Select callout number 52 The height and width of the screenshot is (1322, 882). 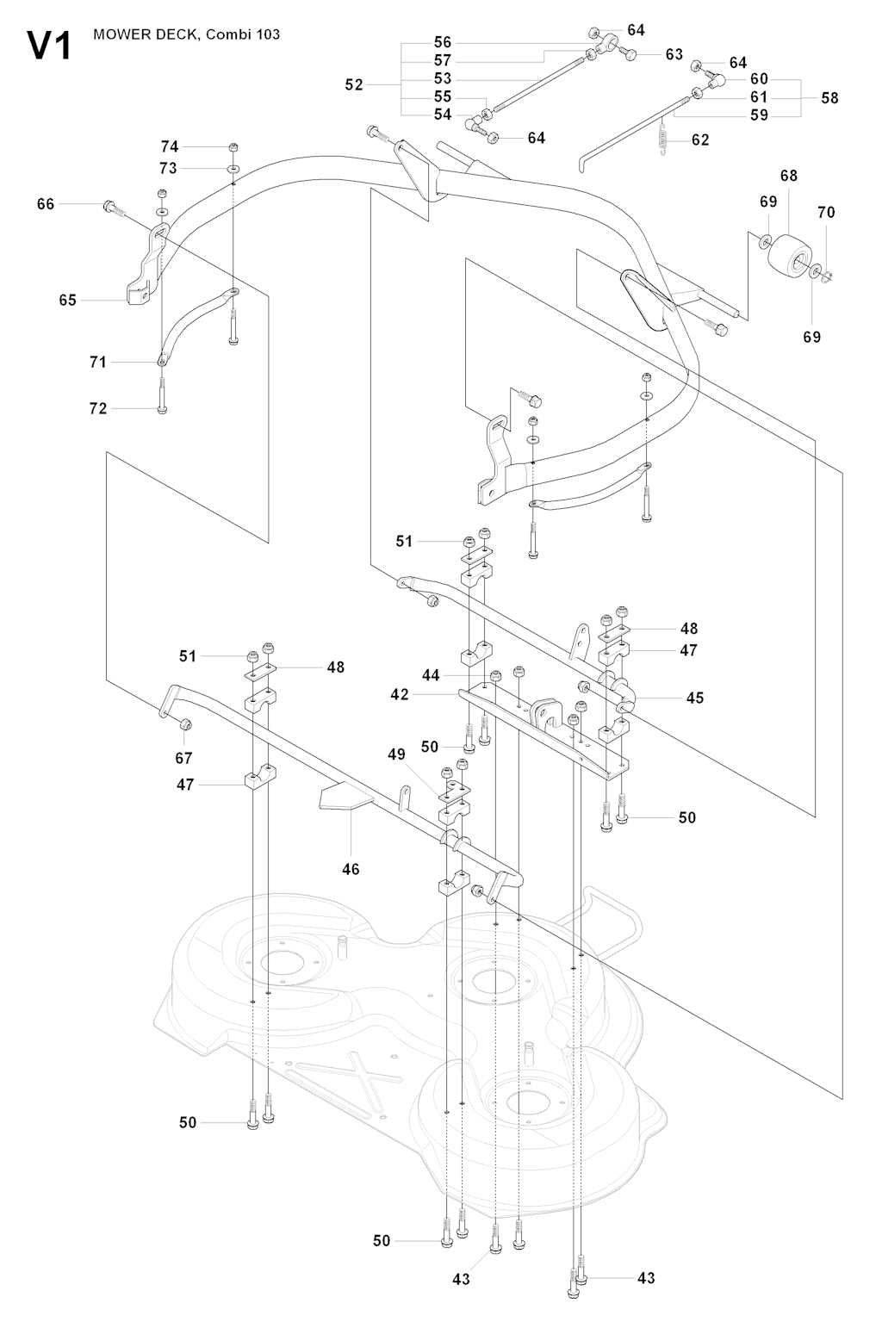pyautogui.click(x=354, y=84)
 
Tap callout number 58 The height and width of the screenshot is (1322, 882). pyautogui.click(x=829, y=97)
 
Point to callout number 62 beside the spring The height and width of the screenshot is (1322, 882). pyautogui.click(x=700, y=139)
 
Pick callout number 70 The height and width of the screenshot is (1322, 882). pyautogui.click(x=825, y=212)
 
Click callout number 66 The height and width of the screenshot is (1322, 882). pyautogui.click(x=46, y=203)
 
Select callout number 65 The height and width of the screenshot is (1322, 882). pyautogui.click(x=67, y=300)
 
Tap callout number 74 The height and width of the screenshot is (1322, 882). pyautogui.click(x=170, y=146)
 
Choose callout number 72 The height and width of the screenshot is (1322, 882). pyautogui.click(x=98, y=408)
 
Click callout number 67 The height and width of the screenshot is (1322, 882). pyautogui.click(x=183, y=758)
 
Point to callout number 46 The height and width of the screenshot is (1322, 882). pyautogui.click(x=351, y=869)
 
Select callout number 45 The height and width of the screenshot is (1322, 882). pyautogui.click(x=694, y=698)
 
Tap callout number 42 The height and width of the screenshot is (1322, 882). pyautogui.click(x=399, y=694)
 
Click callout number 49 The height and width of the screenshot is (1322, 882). pyautogui.click(x=396, y=754)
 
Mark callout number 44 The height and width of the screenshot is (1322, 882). pyautogui.click(x=431, y=675)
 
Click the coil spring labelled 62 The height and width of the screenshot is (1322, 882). pyautogui.click(x=663, y=138)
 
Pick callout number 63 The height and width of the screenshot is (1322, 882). pyautogui.click(x=674, y=54)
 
